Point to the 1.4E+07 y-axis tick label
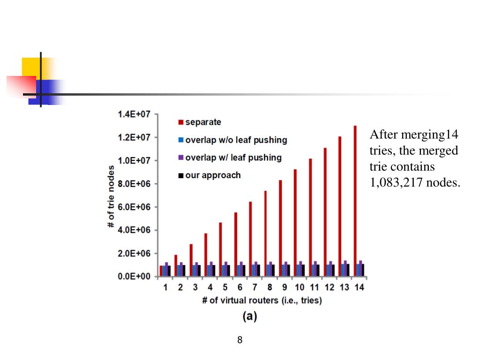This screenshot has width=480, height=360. point(134,114)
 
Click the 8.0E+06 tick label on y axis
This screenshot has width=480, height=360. point(134,184)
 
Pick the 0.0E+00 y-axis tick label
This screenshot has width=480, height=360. point(134,277)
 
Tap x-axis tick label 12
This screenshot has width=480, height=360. point(330,287)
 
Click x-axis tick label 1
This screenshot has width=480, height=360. point(165,287)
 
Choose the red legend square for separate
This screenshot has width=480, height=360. point(180,123)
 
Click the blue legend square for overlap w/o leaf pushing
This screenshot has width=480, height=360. point(180,140)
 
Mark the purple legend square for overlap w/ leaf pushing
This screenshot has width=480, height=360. point(180,158)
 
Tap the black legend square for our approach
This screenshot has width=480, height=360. point(180,176)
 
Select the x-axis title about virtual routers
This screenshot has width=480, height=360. point(262,300)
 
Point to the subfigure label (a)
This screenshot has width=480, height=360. point(249,316)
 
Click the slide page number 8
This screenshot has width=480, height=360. point(240,340)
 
